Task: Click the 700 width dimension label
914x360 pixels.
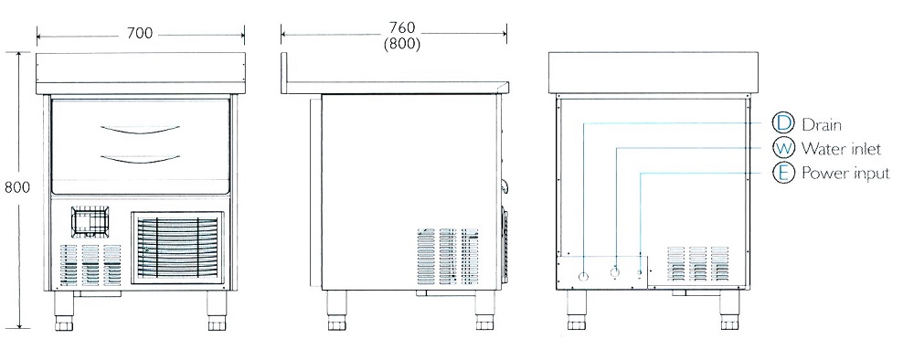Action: [140, 35]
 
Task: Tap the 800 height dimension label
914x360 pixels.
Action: [16, 187]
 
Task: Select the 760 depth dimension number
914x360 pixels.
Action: [401, 28]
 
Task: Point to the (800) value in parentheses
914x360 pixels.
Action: [401, 44]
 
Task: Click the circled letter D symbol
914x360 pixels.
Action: [783, 123]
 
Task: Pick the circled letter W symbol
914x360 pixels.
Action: [783, 148]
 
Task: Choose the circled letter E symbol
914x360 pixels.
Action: [783, 173]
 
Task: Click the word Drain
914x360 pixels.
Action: [822, 124]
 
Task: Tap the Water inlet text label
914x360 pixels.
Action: [841, 149]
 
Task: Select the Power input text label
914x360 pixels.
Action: [845, 174]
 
